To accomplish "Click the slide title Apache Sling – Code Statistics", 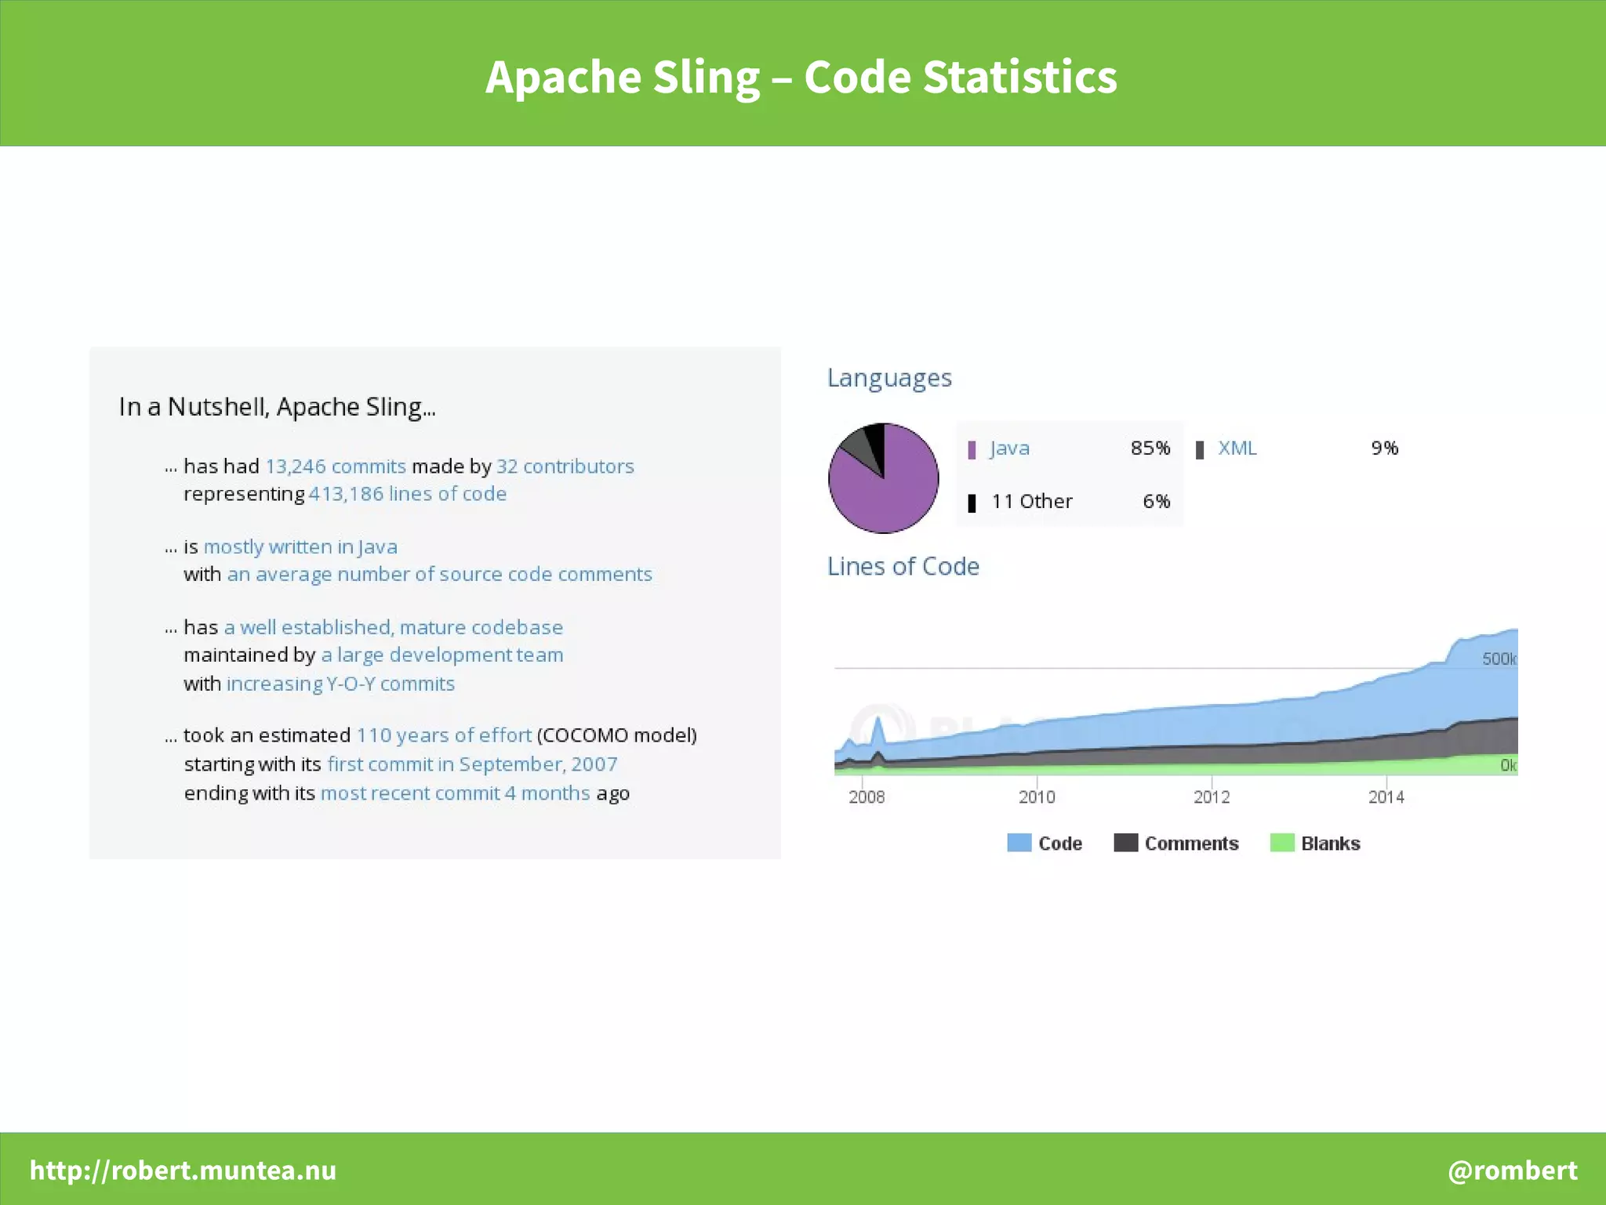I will [801, 78].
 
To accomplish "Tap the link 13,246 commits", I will [336, 466].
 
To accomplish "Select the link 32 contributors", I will [565, 466].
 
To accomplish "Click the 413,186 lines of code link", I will [407, 494].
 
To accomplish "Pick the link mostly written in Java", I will [300, 546].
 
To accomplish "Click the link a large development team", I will [441, 655].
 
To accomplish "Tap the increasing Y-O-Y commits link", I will [340, 684].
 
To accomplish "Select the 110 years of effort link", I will [444, 735].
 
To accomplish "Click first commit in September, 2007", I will [472, 764].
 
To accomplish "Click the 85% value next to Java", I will [1150, 448].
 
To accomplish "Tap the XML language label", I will [1237, 448].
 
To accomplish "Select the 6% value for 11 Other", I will [1156, 502].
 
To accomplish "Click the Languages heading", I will [889, 378].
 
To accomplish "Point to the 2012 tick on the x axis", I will [1211, 797].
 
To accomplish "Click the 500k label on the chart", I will [1498, 659].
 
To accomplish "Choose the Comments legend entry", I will [1190, 844].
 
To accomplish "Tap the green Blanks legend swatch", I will [1281, 844].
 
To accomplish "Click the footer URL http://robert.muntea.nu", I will [183, 1170].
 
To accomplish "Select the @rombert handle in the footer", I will [1512, 1170].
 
